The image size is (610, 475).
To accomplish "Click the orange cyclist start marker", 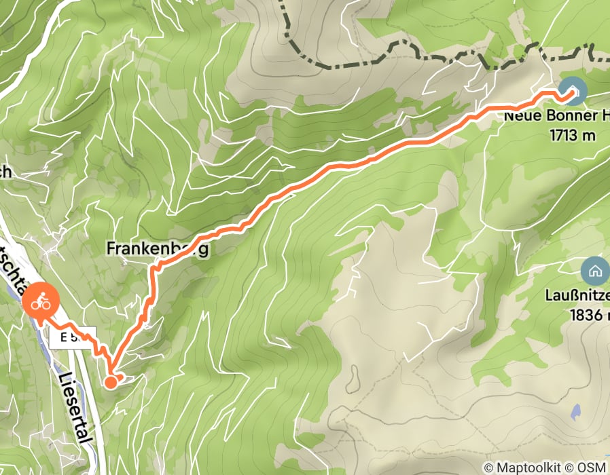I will click(39, 302).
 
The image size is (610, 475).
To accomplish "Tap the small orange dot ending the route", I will click(111, 383).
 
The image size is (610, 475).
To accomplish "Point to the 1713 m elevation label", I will click(571, 135).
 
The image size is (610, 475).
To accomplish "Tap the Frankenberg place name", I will click(156, 250).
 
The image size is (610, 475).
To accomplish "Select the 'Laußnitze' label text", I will click(577, 296).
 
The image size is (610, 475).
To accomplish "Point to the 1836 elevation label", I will click(585, 315).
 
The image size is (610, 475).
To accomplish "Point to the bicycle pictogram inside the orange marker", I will click(39, 302).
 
